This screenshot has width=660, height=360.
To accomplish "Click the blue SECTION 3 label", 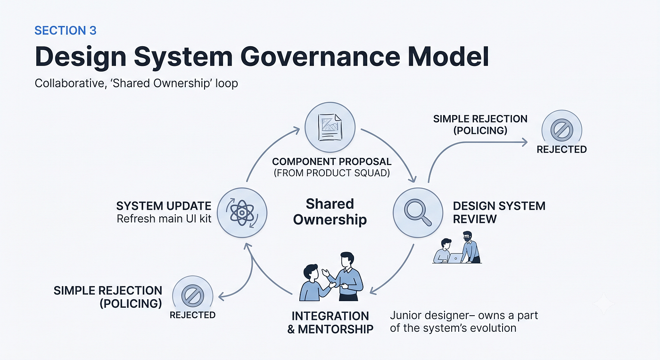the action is (x=66, y=31).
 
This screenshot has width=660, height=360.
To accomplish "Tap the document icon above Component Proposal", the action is (x=330, y=127).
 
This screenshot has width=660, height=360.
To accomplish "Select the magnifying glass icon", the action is (x=418, y=213).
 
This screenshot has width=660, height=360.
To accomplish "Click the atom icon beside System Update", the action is (x=242, y=213).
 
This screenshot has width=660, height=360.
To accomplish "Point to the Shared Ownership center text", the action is (x=330, y=212).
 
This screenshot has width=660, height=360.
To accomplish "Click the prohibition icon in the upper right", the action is (x=561, y=130).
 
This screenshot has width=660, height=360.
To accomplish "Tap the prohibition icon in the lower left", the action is (x=193, y=295).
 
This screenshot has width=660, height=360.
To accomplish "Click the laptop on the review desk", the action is (x=455, y=258).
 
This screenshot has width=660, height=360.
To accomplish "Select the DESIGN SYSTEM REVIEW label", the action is (x=499, y=213).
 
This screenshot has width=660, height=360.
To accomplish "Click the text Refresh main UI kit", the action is (x=164, y=219).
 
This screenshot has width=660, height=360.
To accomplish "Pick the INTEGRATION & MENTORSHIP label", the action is (x=330, y=323).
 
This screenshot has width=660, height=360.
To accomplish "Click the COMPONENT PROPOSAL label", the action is (x=332, y=162).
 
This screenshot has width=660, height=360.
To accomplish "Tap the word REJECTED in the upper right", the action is (x=561, y=149).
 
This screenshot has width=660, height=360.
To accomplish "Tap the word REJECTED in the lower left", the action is (x=192, y=315).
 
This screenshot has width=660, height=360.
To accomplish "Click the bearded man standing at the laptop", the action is (x=471, y=247).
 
